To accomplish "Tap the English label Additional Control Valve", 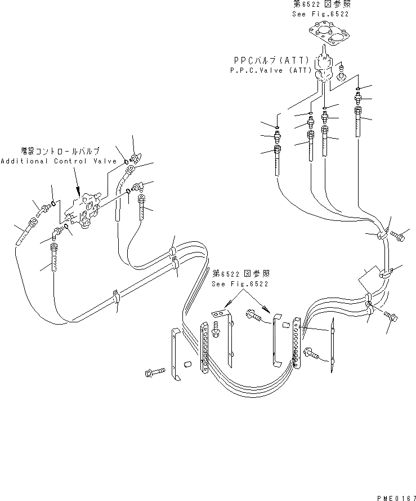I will pos(58,161).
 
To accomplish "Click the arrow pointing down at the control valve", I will pos(77,186).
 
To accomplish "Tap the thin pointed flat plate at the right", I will pos(333,345).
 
